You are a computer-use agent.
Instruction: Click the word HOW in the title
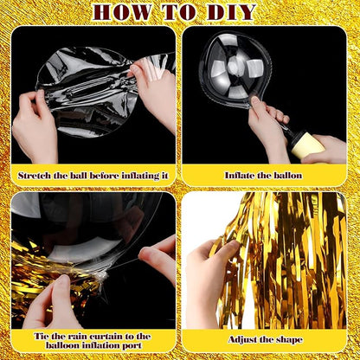point(125,12)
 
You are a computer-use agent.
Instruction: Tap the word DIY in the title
point(231,12)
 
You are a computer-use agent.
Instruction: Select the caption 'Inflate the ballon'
point(264,175)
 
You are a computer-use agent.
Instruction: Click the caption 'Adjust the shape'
point(264,339)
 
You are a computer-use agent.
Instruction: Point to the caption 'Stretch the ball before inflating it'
point(93,175)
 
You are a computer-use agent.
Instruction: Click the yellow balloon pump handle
point(307,145)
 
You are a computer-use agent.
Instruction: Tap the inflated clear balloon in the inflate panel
point(235,69)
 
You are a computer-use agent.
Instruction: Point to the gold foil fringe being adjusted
point(286,260)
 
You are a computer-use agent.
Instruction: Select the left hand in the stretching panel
point(35,125)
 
